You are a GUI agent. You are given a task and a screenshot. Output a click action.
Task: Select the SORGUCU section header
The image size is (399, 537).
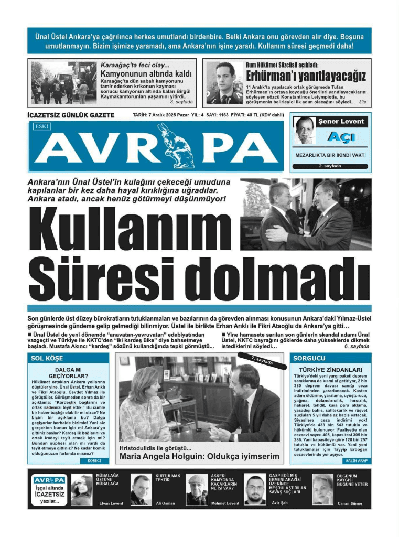click(x=310, y=358)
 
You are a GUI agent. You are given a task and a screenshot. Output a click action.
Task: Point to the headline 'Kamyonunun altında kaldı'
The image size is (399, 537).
click(x=146, y=74)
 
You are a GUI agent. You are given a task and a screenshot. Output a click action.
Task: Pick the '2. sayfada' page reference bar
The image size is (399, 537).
click(x=330, y=166)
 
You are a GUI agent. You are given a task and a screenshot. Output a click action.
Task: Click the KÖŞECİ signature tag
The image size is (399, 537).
click(x=94, y=460)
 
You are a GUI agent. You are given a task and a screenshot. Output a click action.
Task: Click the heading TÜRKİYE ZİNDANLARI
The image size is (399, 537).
click(x=330, y=369)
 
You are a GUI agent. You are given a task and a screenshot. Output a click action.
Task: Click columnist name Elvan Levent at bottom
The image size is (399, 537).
click(x=111, y=503)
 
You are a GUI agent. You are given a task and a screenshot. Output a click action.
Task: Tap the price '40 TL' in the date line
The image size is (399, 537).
click(x=253, y=115)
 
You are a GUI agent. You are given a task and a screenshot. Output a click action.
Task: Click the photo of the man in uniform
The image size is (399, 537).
click(x=224, y=82)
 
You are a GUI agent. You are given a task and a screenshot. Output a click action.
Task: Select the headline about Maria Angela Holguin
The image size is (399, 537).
click(x=200, y=456)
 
